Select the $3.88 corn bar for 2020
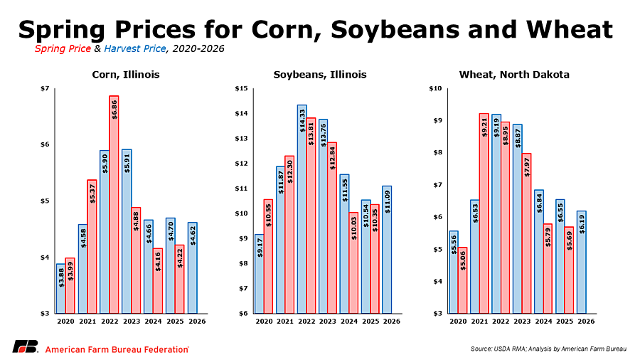(x=60, y=288)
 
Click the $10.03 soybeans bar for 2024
(x=353, y=263)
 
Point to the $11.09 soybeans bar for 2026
(x=387, y=249)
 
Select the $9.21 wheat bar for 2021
(x=484, y=213)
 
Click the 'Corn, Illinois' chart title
(x=126, y=74)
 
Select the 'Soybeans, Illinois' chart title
(x=320, y=74)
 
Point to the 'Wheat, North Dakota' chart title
(x=514, y=74)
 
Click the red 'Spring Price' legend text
(x=63, y=48)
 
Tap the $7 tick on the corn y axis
(x=44, y=89)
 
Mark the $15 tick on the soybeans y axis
(x=240, y=89)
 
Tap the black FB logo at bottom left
(x=26, y=347)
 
